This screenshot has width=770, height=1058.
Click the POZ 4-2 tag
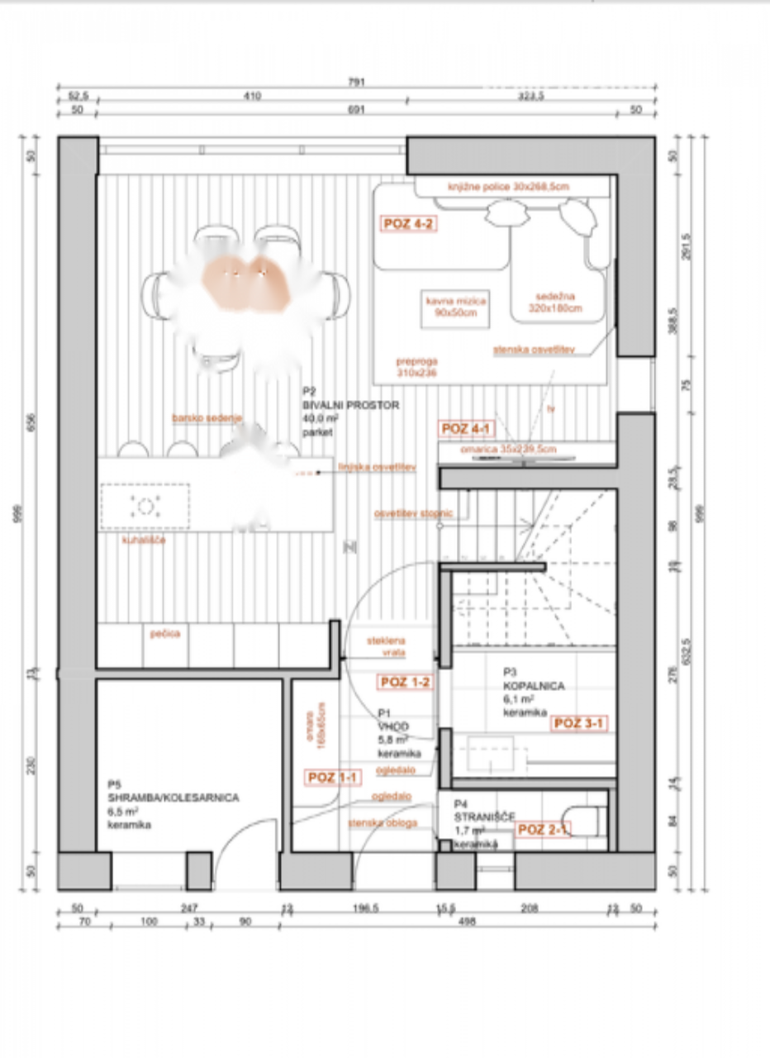[x=408, y=223]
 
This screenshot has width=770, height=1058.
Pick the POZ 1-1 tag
[x=334, y=777]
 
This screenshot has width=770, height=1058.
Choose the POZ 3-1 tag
[x=580, y=723]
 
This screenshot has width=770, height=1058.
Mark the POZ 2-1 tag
[x=543, y=830]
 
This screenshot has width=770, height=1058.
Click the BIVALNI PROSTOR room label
[x=351, y=406]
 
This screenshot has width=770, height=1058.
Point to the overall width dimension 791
[x=356, y=82]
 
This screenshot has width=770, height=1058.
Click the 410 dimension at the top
[x=252, y=96]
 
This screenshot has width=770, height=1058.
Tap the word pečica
[x=165, y=634]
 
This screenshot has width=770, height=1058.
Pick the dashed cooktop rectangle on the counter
[x=145, y=506]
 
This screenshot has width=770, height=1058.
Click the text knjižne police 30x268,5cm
[x=508, y=187]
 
